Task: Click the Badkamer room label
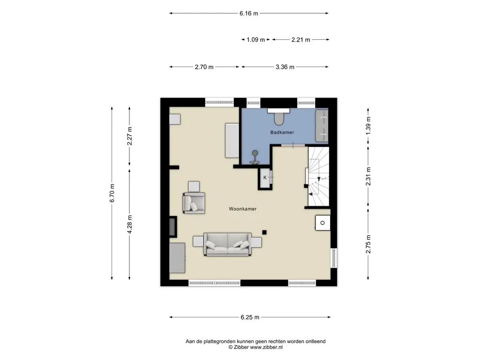point(282,132)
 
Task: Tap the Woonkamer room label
point(243,209)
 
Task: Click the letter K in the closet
point(265,178)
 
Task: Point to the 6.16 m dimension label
point(249,13)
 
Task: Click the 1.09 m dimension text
point(255,39)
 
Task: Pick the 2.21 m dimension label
point(300,39)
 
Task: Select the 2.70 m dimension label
point(204,67)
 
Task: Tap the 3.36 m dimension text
point(285,67)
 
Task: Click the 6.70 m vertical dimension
point(112,193)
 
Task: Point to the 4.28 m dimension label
point(129,225)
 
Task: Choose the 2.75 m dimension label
point(368,244)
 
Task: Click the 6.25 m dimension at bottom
point(250,317)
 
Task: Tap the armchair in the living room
point(194,202)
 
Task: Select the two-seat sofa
point(227,244)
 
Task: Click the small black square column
point(264,232)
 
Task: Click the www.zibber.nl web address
point(266,347)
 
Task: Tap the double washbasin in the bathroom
point(322,126)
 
